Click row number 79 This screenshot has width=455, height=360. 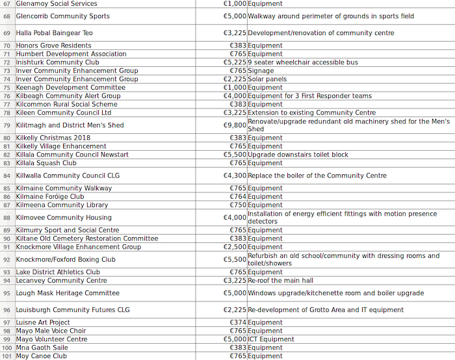coord(7,125)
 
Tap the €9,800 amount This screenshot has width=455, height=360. coord(235,125)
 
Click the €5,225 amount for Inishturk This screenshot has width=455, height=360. coord(235,62)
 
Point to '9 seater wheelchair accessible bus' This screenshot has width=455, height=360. coord(303,62)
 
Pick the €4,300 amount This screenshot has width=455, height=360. coord(235,175)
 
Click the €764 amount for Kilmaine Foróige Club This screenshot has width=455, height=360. coord(238,196)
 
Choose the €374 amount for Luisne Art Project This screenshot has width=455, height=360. coord(238,322)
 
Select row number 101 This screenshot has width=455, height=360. coord(7,356)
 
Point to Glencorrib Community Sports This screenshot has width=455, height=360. coord(63,16)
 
